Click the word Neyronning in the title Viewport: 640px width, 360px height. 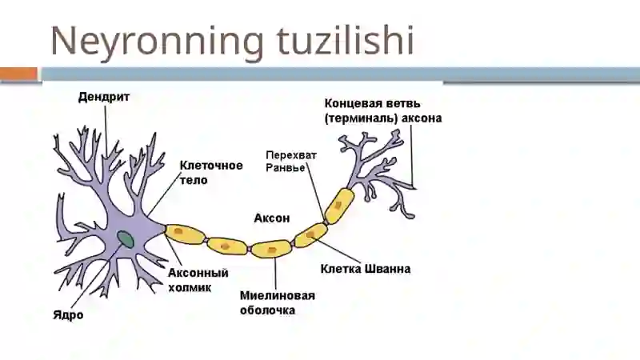(x=158, y=42)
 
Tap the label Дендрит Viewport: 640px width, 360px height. (x=104, y=97)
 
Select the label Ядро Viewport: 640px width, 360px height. (x=68, y=314)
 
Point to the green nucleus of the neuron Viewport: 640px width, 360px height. (x=126, y=239)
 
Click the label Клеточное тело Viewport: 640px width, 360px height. (x=211, y=173)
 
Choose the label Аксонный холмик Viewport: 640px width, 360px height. (x=198, y=280)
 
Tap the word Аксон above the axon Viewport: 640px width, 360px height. (x=272, y=218)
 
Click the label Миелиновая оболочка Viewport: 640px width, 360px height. (x=278, y=303)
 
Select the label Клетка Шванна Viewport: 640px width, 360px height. (x=366, y=269)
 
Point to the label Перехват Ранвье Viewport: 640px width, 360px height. (x=291, y=162)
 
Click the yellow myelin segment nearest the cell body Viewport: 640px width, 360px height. (x=185, y=234)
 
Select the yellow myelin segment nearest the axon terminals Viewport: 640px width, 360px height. (x=339, y=206)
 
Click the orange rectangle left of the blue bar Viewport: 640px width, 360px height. (x=18, y=74)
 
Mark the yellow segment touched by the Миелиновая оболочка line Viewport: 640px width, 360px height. (x=271, y=249)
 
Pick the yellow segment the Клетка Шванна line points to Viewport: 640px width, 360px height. (x=310, y=235)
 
